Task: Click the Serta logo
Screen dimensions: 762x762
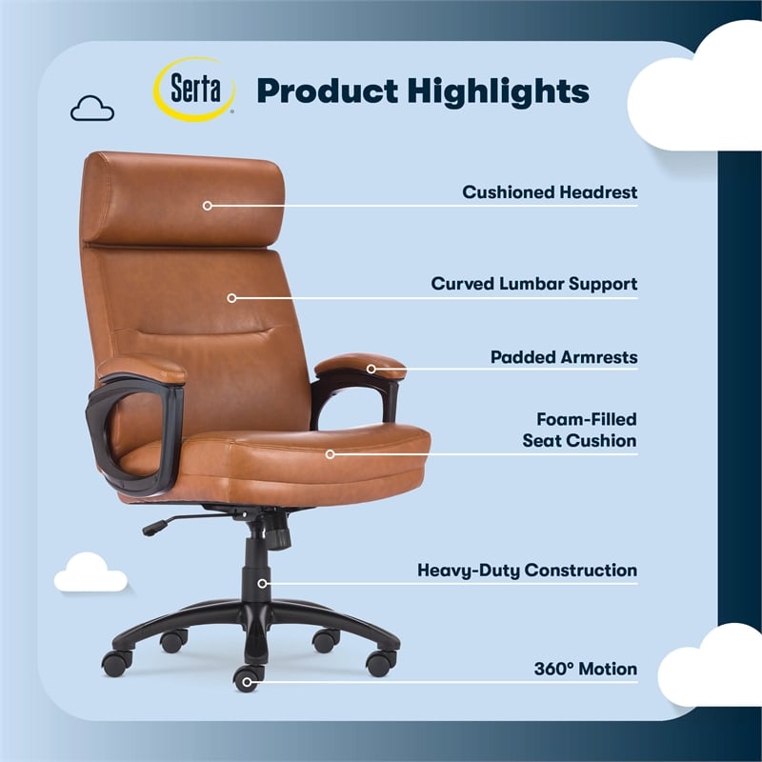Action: coord(195,89)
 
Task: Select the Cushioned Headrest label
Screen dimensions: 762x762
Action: coord(550,192)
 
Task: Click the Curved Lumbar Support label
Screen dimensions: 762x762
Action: coord(533,284)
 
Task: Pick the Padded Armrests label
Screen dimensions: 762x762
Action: coord(563,357)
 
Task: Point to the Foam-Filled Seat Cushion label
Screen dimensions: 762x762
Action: coord(579,430)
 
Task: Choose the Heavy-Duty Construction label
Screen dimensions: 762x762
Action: coord(527,571)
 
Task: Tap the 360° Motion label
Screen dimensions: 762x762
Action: coord(585,669)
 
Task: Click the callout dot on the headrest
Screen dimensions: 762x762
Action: coord(207,205)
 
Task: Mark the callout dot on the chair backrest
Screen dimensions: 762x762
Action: coord(231,297)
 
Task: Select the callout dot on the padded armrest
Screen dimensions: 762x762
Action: coord(371,368)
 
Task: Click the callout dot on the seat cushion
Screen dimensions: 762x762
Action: coord(331,453)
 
